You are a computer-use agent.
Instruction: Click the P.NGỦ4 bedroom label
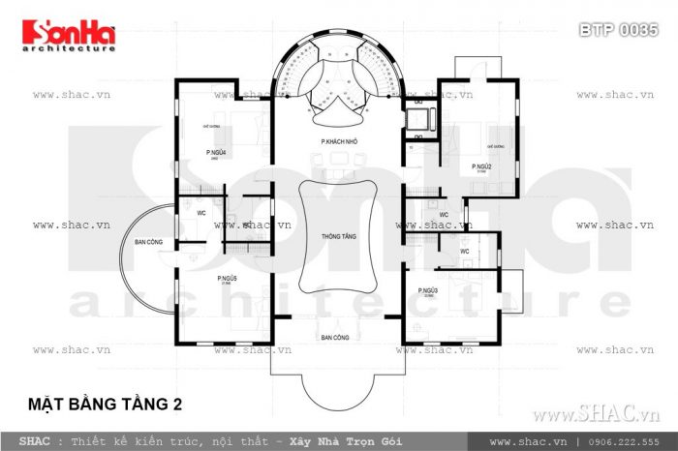[216, 153]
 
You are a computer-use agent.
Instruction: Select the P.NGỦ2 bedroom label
[482, 167]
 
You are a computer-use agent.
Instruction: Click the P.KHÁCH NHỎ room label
[339, 143]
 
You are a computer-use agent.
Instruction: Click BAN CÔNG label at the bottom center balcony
[335, 338]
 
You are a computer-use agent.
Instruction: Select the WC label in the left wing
[200, 211]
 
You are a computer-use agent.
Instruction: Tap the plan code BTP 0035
[618, 29]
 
